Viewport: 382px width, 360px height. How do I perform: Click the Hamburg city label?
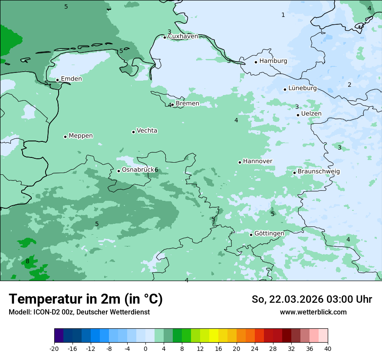pyautogui.click(x=273, y=61)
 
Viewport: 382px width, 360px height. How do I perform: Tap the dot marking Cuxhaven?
pyautogui.click(x=165, y=37)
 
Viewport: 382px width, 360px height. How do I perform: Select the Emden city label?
pyautogui.click(x=71, y=79)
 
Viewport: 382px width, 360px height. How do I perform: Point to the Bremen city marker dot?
pyautogui.click(x=172, y=105)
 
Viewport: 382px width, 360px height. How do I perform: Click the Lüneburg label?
pyautogui.click(x=302, y=88)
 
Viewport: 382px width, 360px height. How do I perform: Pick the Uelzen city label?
pyautogui.click(x=311, y=114)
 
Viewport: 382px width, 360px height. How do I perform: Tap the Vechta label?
pyautogui.click(x=147, y=131)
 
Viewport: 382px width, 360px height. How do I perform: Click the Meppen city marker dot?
pyautogui.click(x=65, y=137)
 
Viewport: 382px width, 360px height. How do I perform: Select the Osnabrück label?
pyautogui.click(x=138, y=170)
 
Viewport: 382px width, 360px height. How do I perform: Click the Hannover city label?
pyautogui.click(x=257, y=161)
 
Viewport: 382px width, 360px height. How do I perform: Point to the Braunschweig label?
pyautogui.click(x=319, y=171)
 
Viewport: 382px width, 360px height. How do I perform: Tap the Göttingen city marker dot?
pyautogui.click(x=251, y=235)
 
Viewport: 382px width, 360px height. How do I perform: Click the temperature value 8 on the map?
pyautogui.click(x=27, y=261)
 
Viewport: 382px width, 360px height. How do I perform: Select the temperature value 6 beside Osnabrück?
pyautogui.click(x=156, y=170)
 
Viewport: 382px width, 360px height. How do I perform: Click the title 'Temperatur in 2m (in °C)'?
pyautogui.click(x=86, y=299)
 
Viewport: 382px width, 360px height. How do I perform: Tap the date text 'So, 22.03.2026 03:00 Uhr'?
pyautogui.click(x=312, y=299)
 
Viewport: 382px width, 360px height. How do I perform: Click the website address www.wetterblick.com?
pyautogui.click(x=313, y=312)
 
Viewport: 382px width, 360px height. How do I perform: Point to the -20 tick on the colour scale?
pyautogui.click(x=54, y=348)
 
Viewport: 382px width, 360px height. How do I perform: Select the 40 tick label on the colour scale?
pyautogui.click(x=327, y=348)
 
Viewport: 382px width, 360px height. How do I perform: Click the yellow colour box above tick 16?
pyautogui.click(x=214, y=336)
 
